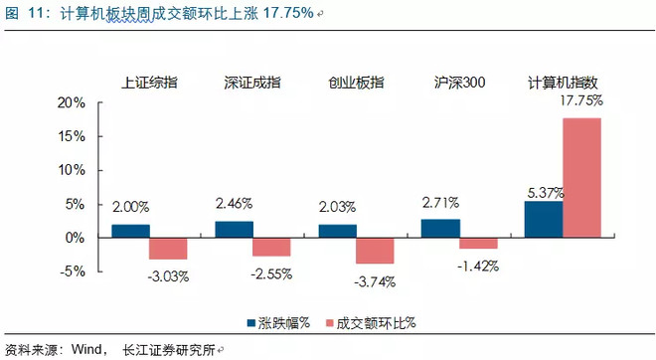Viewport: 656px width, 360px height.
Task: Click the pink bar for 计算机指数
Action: pos(582,177)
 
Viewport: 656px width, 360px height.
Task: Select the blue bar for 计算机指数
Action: pos(544,219)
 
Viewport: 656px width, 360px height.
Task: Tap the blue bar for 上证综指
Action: pos(130,231)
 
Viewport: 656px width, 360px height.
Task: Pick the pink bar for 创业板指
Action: pos(376,250)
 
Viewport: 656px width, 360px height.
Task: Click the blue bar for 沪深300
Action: pos(440,228)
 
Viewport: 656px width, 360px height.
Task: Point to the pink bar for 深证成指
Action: pos(271,246)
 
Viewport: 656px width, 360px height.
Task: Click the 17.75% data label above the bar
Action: pos(582,101)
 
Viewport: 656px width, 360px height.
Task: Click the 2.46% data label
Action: pos(235,204)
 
